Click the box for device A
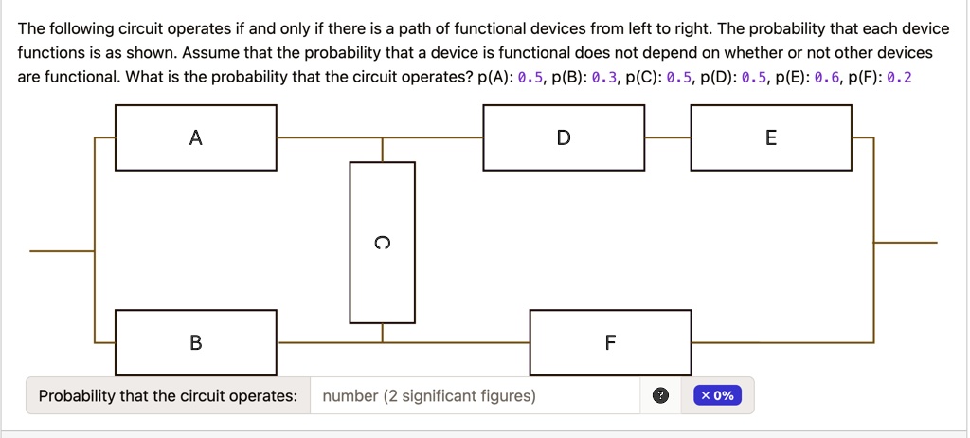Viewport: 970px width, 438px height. pos(195,137)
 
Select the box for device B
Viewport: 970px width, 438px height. pos(195,342)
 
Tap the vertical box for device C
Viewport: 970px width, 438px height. pos(383,243)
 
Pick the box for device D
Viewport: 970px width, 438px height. pos(564,137)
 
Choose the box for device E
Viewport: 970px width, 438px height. pos(771,137)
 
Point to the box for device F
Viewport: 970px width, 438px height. pos(611,342)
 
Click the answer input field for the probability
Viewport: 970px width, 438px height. pos(476,396)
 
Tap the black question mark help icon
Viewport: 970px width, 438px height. pos(660,396)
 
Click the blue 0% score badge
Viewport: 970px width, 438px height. pos(718,396)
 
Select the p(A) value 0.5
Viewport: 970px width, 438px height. pos(530,78)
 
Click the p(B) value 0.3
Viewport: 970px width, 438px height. pos(603,78)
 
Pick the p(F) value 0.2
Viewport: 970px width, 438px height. pos(900,78)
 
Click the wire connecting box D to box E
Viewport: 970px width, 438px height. pos(668,137)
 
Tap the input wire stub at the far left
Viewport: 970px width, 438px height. pos(62,251)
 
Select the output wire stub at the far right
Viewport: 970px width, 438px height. pos(905,243)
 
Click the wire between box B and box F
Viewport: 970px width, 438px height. pos(404,342)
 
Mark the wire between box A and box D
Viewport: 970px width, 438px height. pos(380,137)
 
